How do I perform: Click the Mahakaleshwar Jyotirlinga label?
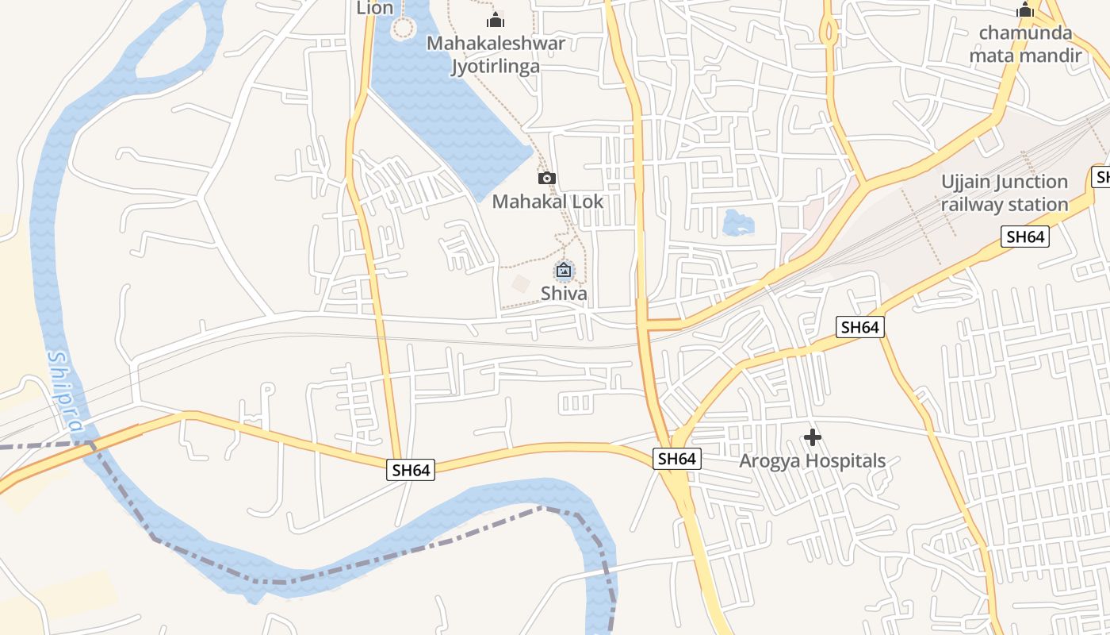tap(496, 54)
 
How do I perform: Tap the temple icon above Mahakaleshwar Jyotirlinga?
tap(496, 20)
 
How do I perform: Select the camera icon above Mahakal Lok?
tap(547, 178)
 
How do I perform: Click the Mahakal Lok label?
tap(548, 202)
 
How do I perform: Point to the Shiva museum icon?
tap(564, 271)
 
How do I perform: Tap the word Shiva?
tap(564, 294)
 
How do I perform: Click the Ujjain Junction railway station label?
tap(1005, 193)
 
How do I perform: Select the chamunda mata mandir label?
tap(1025, 44)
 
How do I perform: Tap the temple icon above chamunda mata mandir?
tap(1025, 11)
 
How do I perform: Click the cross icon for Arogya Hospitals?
tap(812, 437)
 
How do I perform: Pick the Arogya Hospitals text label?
tap(812, 461)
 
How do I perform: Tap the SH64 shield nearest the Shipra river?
tap(411, 470)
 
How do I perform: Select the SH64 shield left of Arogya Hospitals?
tap(676, 459)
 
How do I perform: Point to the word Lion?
tap(375, 9)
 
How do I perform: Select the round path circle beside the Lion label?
tap(404, 29)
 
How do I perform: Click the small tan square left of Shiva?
tap(521, 283)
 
